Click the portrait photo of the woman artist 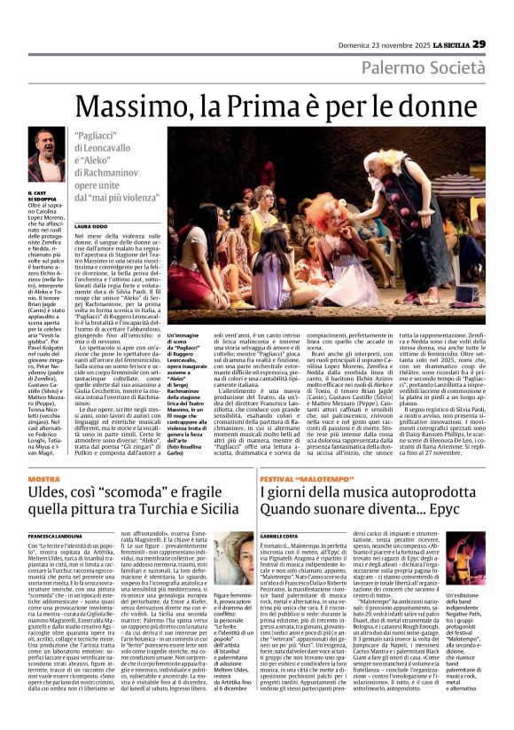click(x=235, y=567)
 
